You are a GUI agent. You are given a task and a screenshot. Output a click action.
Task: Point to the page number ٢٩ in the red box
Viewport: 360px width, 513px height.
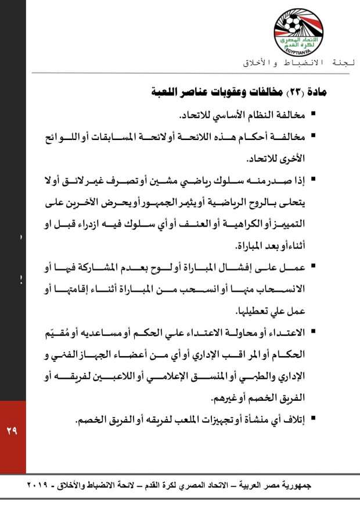coord(12,431)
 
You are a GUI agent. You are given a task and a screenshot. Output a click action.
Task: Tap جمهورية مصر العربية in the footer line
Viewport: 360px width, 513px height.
coord(283,485)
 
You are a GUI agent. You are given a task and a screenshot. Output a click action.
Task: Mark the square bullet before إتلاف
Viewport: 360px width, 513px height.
coord(314,419)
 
